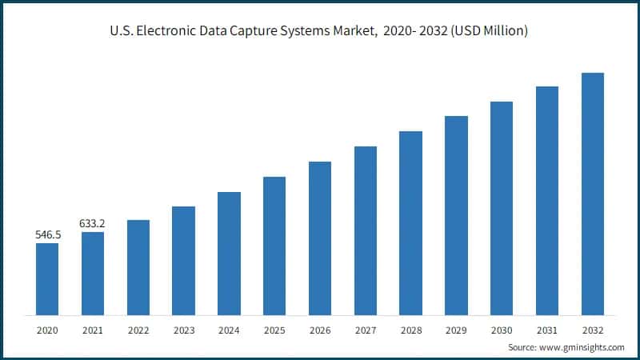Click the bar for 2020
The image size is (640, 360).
(x=47, y=278)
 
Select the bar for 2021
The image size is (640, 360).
(x=93, y=273)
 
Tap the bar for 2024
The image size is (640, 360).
(x=229, y=253)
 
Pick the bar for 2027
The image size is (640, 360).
(x=366, y=230)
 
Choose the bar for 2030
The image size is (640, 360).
(x=502, y=208)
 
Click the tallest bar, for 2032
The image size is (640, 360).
(x=593, y=194)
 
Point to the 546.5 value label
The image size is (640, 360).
(x=47, y=235)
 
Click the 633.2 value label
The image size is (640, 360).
(x=93, y=223)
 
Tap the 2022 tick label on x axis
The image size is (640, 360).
(x=138, y=330)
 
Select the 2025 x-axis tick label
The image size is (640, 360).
(x=274, y=330)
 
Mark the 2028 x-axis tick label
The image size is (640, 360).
(x=410, y=330)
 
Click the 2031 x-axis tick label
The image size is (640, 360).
(x=547, y=330)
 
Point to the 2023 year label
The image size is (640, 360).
(x=183, y=330)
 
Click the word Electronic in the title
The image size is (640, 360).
(x=172, y=31)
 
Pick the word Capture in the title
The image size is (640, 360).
(x=257, y=31)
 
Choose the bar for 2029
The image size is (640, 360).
(x=456, y=215)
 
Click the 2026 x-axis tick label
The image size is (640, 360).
(x=320, y=330)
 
